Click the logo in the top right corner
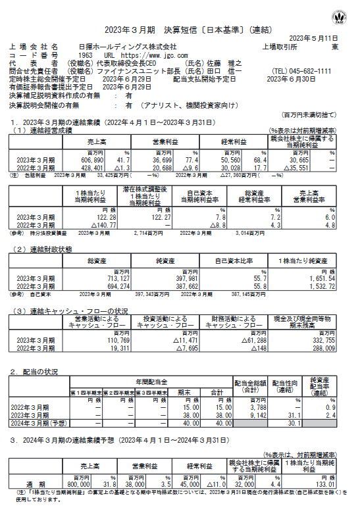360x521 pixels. [x=342, y=14]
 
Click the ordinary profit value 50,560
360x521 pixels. [x=227, y=161]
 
